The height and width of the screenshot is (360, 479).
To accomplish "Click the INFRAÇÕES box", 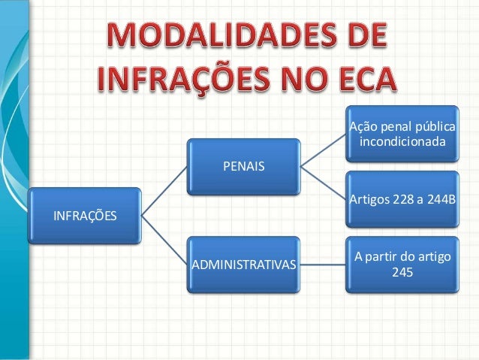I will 83,216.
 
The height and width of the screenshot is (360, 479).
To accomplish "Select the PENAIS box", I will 243,165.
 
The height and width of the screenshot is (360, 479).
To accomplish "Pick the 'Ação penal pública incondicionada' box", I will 401,134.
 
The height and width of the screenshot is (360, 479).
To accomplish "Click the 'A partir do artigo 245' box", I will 401,265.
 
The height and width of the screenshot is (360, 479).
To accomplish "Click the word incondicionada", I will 402,141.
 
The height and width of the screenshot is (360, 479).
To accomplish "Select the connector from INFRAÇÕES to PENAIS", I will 164,190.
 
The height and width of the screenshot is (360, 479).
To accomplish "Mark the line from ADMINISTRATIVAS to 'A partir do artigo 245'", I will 321,265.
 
